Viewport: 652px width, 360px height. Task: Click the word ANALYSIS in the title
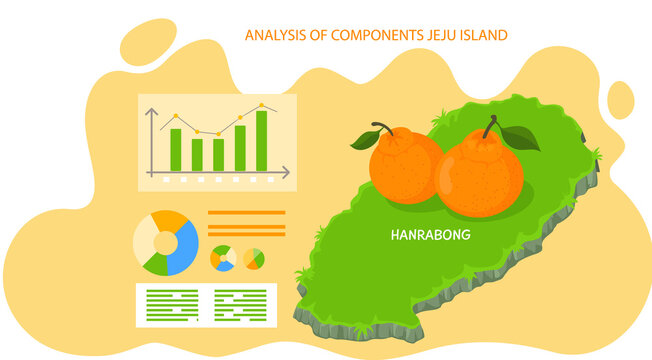click(273, 35)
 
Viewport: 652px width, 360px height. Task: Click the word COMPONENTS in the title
click(371, 35)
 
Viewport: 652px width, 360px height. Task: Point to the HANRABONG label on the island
click(430, 236)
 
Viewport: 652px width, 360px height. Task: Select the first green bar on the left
click(176, 149)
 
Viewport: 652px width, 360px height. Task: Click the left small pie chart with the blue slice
click(222, 258)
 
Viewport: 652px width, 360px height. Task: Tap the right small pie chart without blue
click(254, 259)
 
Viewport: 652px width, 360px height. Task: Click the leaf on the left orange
click(363, 141)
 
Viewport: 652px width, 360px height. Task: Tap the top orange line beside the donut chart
click(246, 213)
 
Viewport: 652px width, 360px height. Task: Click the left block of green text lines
click(172, 305)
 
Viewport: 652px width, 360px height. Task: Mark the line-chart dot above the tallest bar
click(262, 105)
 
